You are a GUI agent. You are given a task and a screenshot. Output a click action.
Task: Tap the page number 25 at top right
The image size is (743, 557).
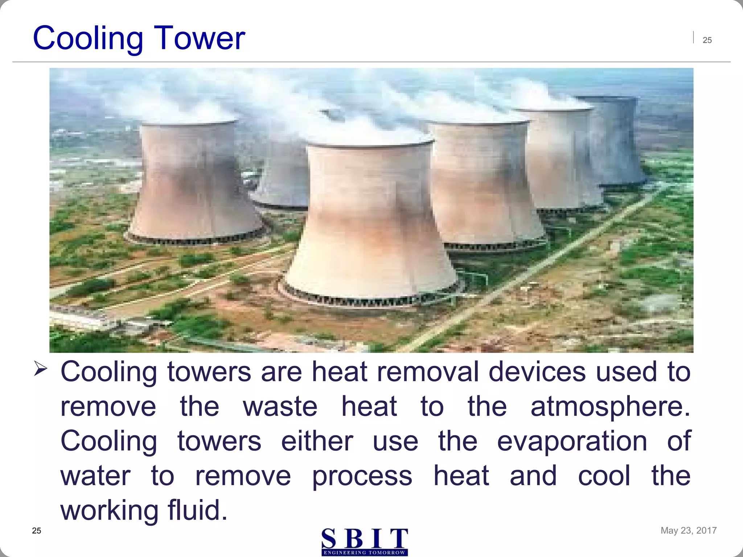(707, 40)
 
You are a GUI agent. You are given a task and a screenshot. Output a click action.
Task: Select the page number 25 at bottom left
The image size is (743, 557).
(37, 531)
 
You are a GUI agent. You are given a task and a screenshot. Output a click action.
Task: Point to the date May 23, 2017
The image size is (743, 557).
(688, 530)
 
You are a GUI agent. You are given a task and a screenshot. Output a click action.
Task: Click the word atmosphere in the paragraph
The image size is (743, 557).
(610, 407)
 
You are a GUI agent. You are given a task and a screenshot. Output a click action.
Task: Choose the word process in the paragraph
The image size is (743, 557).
(362, 476)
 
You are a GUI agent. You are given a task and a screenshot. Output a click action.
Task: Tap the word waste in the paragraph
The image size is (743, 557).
(280, 407)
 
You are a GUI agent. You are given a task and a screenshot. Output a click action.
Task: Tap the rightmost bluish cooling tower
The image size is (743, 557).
(613, 141)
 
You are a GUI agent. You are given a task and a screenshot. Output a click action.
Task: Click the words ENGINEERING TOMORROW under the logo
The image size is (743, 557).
(365, 553)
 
